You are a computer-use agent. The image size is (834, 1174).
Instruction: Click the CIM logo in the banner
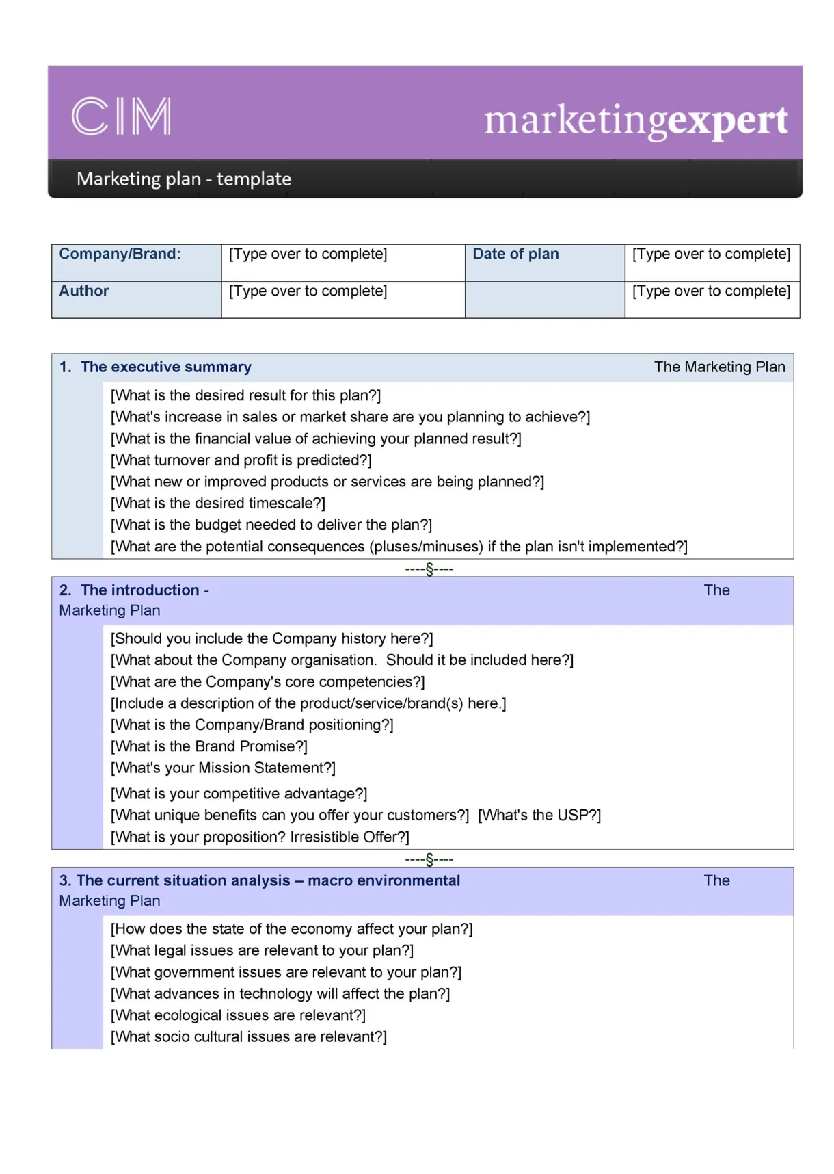(x=121, y=116)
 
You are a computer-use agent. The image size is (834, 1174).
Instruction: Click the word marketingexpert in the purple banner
(x=635, y=120)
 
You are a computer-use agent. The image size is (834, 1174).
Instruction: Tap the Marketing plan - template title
(x=183, y=179)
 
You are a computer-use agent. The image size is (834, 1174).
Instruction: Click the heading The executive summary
(x=165, y=367)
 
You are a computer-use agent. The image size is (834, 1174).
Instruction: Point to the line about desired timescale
(x=218, y=504)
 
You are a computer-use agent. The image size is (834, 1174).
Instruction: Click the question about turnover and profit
(x=241, y=460)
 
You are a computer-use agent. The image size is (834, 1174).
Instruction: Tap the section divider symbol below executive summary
(x=429, y=569)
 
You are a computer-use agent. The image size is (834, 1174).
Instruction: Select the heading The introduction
(x=139, y=590)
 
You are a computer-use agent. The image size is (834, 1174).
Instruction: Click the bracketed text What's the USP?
(x=539, y=816)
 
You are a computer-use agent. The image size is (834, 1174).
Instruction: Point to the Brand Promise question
(x=209, y=746)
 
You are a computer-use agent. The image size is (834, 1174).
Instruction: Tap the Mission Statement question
(x=223, y=768)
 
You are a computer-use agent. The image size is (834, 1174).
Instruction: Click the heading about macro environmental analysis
(x=268, y=881)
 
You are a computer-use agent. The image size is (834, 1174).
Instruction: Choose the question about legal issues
(x=262, y=951)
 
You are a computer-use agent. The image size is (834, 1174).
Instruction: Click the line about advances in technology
(x=280, y=994)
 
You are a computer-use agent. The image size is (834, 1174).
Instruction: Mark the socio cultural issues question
(x=249, y=1037)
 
